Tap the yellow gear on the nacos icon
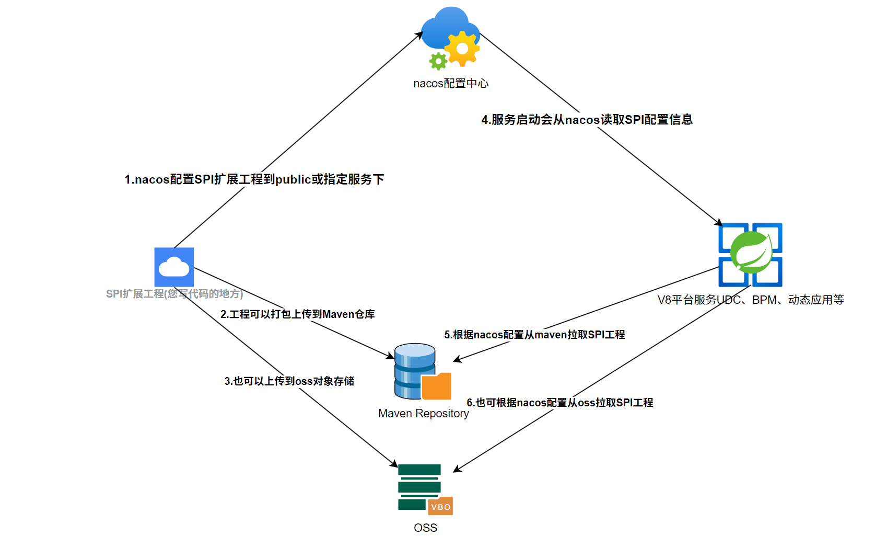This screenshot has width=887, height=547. point(462,49)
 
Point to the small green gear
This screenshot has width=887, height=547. point(438,61)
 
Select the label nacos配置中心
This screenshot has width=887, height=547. point(451,84)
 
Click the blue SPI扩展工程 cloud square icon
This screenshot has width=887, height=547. point(174,267)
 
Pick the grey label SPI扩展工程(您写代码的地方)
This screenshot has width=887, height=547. point(174,294)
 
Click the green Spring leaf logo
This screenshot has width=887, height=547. point(751,252)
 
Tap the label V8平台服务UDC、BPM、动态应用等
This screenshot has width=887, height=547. point(751,300)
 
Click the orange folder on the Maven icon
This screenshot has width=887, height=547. point(437,387)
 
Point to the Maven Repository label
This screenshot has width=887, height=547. point(424,414)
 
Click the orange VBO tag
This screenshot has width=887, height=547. point(440,506)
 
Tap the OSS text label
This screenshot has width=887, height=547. point(425,528)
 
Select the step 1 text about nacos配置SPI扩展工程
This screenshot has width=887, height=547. point(254,179)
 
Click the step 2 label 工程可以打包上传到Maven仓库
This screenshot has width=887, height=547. point(298,314)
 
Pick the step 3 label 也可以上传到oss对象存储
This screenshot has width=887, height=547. point(289,381)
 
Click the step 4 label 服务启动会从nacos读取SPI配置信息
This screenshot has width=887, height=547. point(587,120)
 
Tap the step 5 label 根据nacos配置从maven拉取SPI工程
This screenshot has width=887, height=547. point(534,335)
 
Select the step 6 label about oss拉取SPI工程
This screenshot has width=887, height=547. point(559,403)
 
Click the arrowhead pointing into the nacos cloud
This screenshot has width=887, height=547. point(419,35)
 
